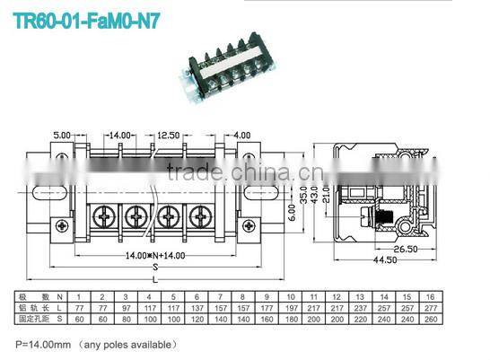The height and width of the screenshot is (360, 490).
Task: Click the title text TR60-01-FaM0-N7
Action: click(87, 18)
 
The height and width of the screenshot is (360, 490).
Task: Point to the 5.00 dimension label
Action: click(61, 136)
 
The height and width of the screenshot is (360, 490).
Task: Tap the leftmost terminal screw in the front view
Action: click(105, 216)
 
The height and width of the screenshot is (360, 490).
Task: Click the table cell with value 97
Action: click(126, 307)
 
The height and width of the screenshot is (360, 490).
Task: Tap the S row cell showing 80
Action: click(126, 318)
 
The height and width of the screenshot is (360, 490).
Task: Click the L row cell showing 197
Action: click(290, 307)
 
